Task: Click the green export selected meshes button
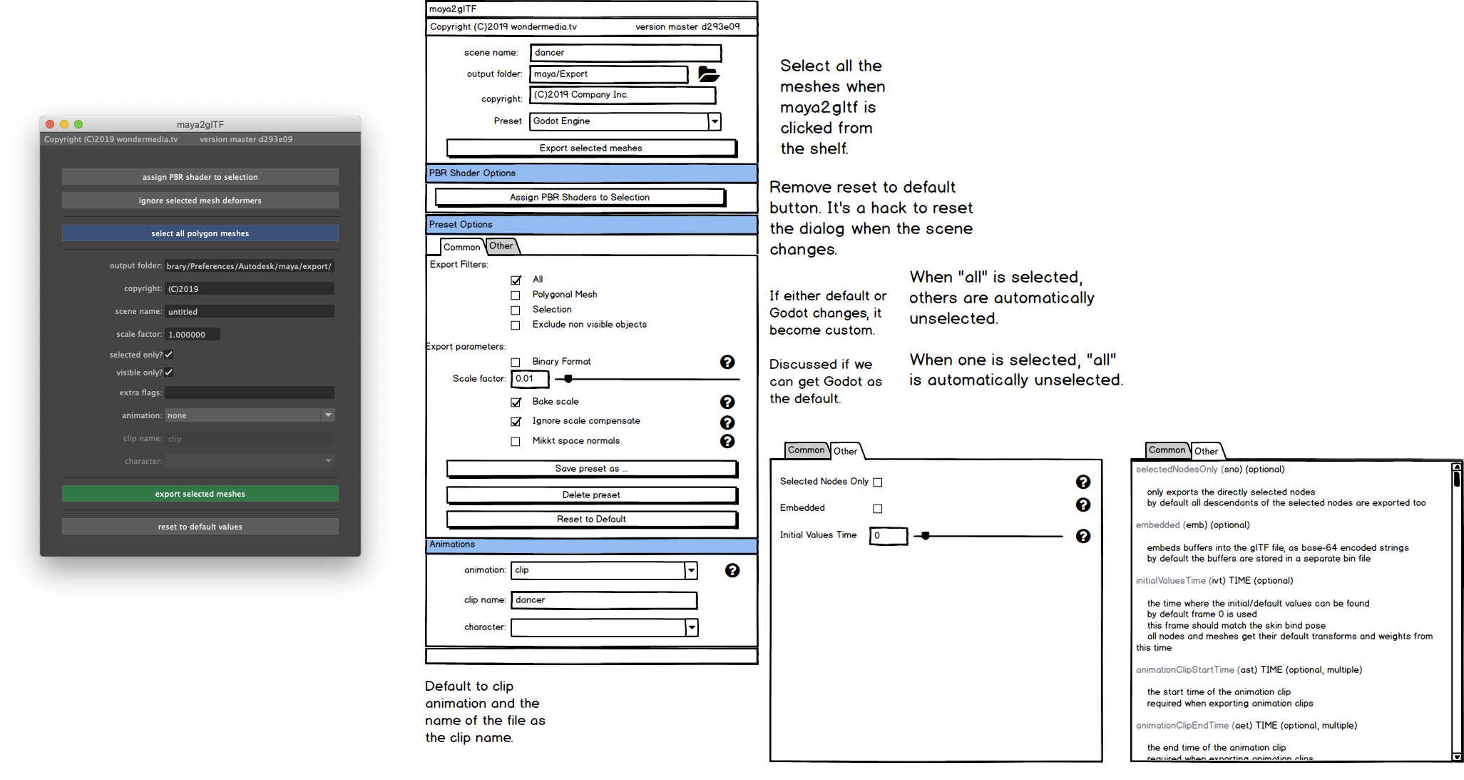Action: click(200, 494)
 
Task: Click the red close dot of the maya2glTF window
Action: click(50, 124)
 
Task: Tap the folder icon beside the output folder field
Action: click(708, 74)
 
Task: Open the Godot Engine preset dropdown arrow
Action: click(714, 121)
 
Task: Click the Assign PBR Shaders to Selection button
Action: click(580, 198)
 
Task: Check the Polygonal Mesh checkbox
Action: click(516, 295)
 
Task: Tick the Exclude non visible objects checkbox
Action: click(516, 325)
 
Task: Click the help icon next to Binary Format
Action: click(727, 363)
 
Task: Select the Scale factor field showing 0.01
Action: click(530, 379)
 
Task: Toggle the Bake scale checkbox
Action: click(516, 402)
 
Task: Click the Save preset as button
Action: click(591, 469)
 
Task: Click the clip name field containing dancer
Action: click(603, 600)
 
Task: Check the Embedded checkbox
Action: click(878, 509)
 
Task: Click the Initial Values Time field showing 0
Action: click(888, 536)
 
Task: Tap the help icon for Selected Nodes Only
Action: click(1082, 482)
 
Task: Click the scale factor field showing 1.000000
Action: click(193, 335)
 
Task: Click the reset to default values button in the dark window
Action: click(200, 527)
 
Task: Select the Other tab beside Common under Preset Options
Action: click(501, 246)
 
